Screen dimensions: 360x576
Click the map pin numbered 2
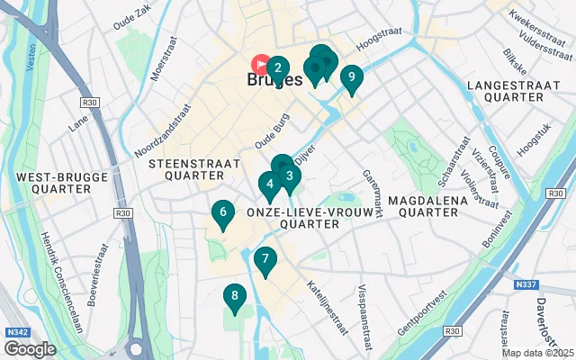(x=278, y=67)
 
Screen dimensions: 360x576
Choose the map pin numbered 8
(x=235, y=296)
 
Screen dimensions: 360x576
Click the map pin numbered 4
(x=269, y=184)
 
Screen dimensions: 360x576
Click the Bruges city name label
(x=274, y=80)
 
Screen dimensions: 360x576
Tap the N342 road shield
(x=16, y=332)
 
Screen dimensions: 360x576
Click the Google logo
(x=30, y=348)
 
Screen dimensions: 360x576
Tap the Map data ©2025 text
(x=537, y=353)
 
